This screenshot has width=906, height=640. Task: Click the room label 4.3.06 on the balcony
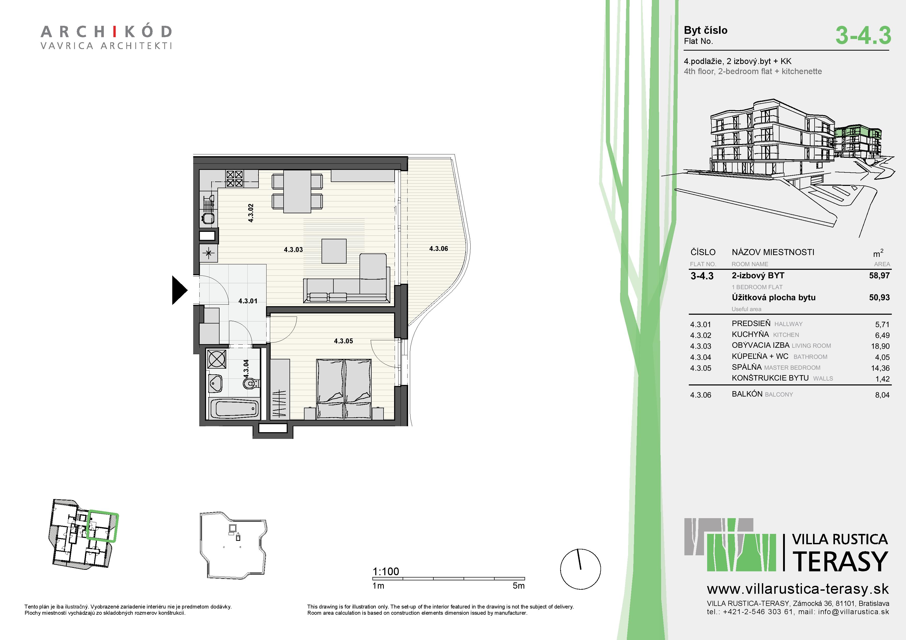point(438,248)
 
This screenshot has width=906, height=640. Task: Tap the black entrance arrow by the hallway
point(179,290)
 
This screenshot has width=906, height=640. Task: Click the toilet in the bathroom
point(250,383)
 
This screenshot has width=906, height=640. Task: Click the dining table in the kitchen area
point(297,191)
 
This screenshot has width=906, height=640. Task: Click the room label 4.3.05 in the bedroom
point(343,341)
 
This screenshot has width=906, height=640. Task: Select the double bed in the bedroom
point(344,389)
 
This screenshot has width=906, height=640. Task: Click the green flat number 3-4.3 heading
point(863,35)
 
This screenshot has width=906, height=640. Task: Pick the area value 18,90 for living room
point(880,346)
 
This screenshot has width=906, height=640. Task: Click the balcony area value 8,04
point(882,395)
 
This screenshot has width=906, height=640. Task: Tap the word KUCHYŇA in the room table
point(750,334)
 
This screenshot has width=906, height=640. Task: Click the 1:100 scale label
point(386,571)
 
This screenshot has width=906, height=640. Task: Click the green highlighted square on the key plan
point(102,526)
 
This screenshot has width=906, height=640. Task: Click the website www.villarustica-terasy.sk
point(798,589)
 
